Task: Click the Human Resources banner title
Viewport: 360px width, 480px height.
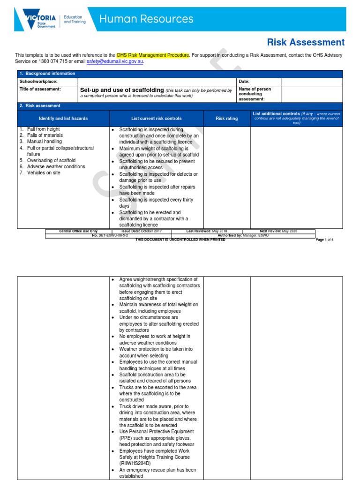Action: tap(146, 19)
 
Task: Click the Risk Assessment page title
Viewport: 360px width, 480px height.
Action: tap(306, 42)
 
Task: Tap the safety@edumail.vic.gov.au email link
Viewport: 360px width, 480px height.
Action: tap(115, 61)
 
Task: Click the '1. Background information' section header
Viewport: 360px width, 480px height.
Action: tap(47, 74)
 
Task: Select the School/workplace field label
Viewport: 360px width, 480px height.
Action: tap(38, 82)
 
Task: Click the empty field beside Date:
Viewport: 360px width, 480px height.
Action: tap(312, 82)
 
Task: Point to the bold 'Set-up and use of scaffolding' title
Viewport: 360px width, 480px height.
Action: tap(122, 90)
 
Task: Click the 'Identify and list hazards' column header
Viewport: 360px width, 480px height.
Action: tap(63, 119)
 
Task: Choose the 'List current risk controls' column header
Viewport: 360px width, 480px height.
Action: tap(156, 119)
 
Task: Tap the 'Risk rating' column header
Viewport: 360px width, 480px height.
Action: tap(226, 119)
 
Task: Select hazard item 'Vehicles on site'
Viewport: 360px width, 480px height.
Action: tap(44, 173)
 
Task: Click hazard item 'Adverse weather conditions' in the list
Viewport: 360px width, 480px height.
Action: tap(56, 166)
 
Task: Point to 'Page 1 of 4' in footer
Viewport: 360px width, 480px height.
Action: tap(324, 240)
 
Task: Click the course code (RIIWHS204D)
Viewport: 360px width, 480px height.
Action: tap(136, 463)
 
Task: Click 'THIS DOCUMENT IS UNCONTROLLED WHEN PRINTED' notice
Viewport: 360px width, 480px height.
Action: tap(180, 240)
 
